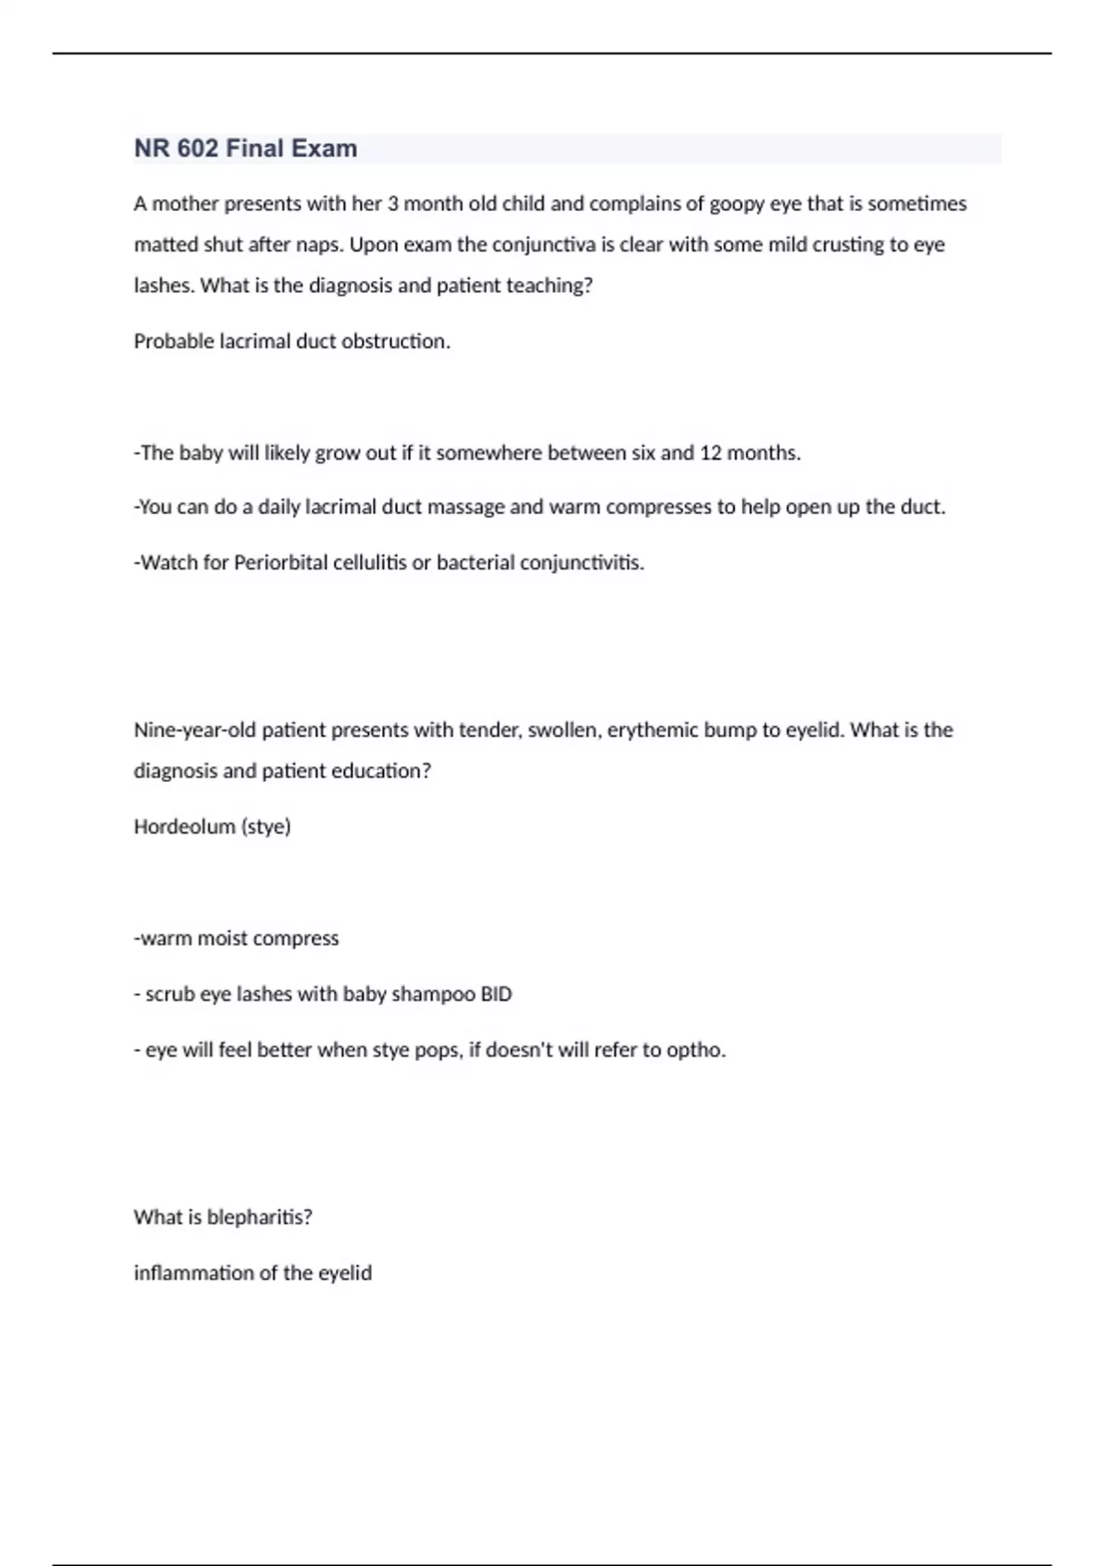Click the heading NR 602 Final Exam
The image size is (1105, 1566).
[x=246, y=148]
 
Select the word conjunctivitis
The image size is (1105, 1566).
[x=581, y=563]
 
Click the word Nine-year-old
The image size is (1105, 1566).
[x=195, y=730]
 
